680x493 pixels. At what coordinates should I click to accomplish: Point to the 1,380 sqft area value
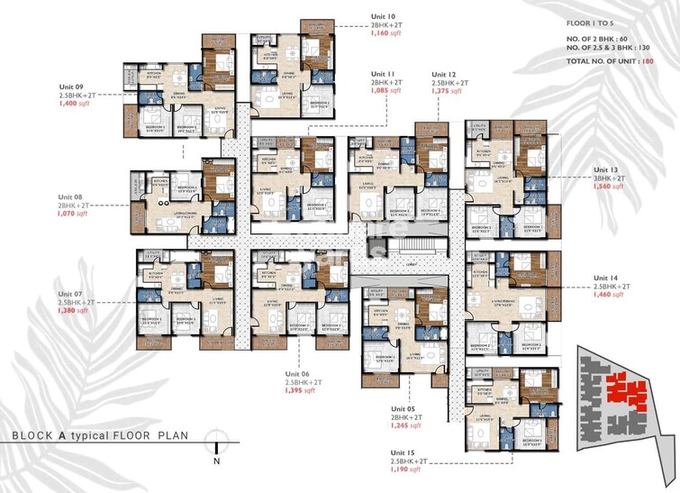(74, 311)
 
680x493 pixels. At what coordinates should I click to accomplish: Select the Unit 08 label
(71, 196)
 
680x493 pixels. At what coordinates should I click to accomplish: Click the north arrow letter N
(217, 461)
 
